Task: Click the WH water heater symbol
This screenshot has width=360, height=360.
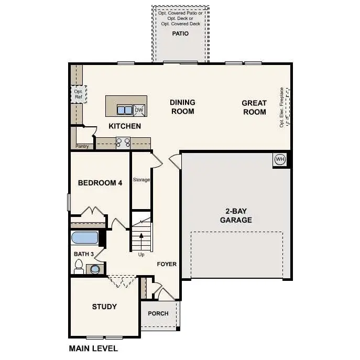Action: click(x=279, y=159)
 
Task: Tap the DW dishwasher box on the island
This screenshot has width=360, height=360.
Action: click(x=139, y=110)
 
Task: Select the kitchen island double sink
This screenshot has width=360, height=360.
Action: click(x=125, y=110)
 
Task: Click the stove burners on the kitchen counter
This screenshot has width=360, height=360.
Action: click(x=123, y=141)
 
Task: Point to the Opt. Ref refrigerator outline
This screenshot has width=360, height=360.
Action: click(x=78, y=94)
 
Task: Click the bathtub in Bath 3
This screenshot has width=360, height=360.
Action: click(x=84, y=238)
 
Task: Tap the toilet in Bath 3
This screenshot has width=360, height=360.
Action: click(x=79, y=268)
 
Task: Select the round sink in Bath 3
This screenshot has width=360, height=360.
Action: click(x=95, y=269)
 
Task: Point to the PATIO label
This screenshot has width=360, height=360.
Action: click(x=180, y=34)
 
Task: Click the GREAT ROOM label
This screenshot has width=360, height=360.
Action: click(x=254, y=107)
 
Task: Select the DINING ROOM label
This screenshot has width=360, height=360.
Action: click(x=182, y=107)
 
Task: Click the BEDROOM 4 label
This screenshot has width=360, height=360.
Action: click(x=100, y=183)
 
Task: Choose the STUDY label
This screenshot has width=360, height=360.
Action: click(x=104, y=307)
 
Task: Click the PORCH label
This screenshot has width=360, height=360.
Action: click(x=158, y=313)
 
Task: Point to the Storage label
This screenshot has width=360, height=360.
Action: click(x=141, y=180)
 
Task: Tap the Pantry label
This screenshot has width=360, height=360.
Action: click(x=82, y=146)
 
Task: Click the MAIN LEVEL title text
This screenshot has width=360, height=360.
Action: click(x=93, y=348)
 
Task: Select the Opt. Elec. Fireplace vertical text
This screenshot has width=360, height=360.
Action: click(x=281, y=107)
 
